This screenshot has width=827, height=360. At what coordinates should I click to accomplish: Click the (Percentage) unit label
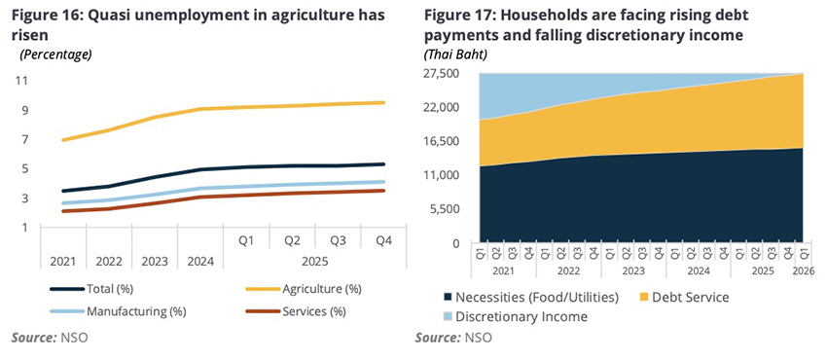(55, 54)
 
